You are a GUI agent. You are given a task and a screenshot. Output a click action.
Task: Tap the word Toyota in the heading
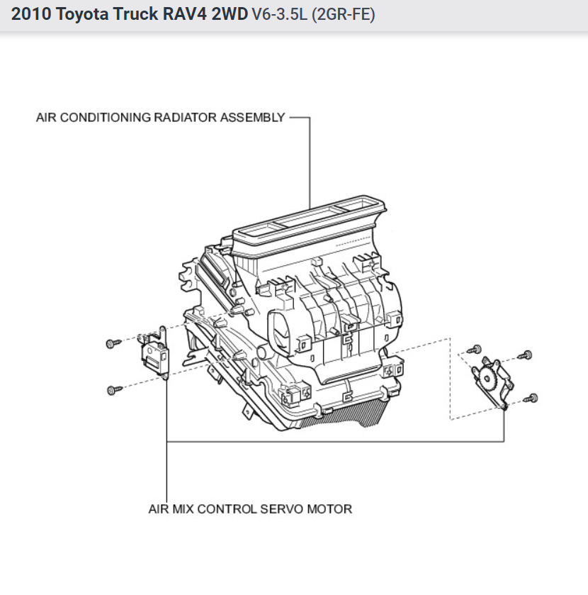[79, 14]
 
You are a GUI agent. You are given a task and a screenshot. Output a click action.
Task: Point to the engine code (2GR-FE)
[338, 14]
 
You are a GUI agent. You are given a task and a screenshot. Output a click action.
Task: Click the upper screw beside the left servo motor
[111, 343]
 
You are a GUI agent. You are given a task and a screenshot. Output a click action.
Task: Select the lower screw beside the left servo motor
[111, 389]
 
